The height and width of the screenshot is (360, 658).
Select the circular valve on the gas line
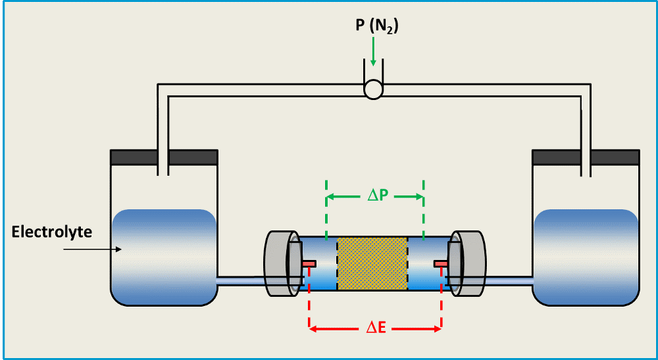click(x=373, y=90)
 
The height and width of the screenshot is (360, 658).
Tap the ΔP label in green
click(x=376, y=196)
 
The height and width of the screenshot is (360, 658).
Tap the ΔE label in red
click(x=376, y=327)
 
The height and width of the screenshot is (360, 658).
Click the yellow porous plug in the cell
click(x=372, y=263)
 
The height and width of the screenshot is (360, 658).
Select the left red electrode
click(x=309, y=264)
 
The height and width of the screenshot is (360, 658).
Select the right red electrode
click(x=441, y=264)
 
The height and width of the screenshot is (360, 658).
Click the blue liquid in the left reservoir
click(x=164, y=257)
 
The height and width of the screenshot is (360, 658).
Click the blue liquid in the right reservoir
click(x=585, y=257)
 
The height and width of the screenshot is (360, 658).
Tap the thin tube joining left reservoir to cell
click(x=240, y=281)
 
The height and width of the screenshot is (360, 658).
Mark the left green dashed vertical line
click(x=326, y=204)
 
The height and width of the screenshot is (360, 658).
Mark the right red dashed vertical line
click(x=441, y=309)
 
